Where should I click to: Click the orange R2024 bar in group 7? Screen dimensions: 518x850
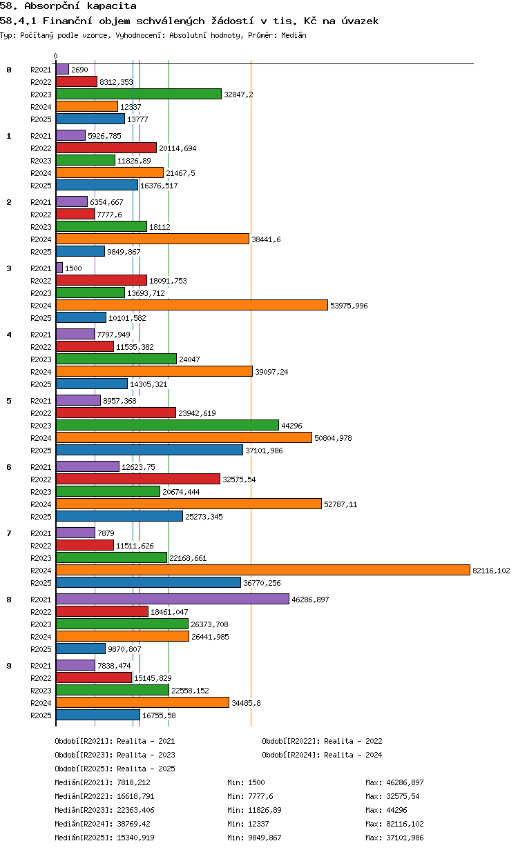pyautogui.click(x=262, y=570)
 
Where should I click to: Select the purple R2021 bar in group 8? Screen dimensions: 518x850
pyautogui.click(x=173, y=599)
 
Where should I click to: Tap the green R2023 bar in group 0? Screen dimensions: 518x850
pyautogui.click(x=139, y=94)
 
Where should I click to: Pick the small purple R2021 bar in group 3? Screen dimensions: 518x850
pyautogui.click(x=59, y=268)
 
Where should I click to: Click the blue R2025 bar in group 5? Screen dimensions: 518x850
pyautogui.click(x=149, y=450)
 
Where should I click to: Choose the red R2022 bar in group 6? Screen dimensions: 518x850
pyautogui.click(x=138, y=479)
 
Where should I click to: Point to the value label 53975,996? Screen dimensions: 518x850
pyautogui.click(x=349, y=306)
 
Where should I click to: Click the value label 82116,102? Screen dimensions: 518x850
pyautogui.click(x=491, y=571)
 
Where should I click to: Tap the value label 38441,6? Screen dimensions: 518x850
pyautogui.click(x=266, y=239)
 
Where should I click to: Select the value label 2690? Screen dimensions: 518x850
pyautogui.click(x=79, y=70)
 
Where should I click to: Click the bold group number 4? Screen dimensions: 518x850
pyautogui.click(x=9, y=335)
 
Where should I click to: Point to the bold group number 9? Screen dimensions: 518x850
pyautogui.click(x=9, y=666)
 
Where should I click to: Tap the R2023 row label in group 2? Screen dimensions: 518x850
pyautogui.click(x=41, y=227)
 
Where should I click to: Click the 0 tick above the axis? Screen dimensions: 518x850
pyautogui.click(x=56, y=56)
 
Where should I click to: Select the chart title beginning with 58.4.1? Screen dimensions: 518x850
pyautogui.click(x=189, y=21)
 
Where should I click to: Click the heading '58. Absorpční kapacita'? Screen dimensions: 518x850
pyautogui.click(x=68, y=6)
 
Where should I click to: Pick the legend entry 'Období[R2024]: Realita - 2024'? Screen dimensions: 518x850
pyautogui.click(x=322, y=754)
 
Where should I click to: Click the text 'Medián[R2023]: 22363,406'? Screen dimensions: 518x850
pyautogui.click(x=104, y=810)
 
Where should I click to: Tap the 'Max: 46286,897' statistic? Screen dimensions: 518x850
pyautogui.click(x=394, y=782)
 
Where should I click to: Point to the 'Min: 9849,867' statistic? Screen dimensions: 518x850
pyautogui.click(x=254, y=837)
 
